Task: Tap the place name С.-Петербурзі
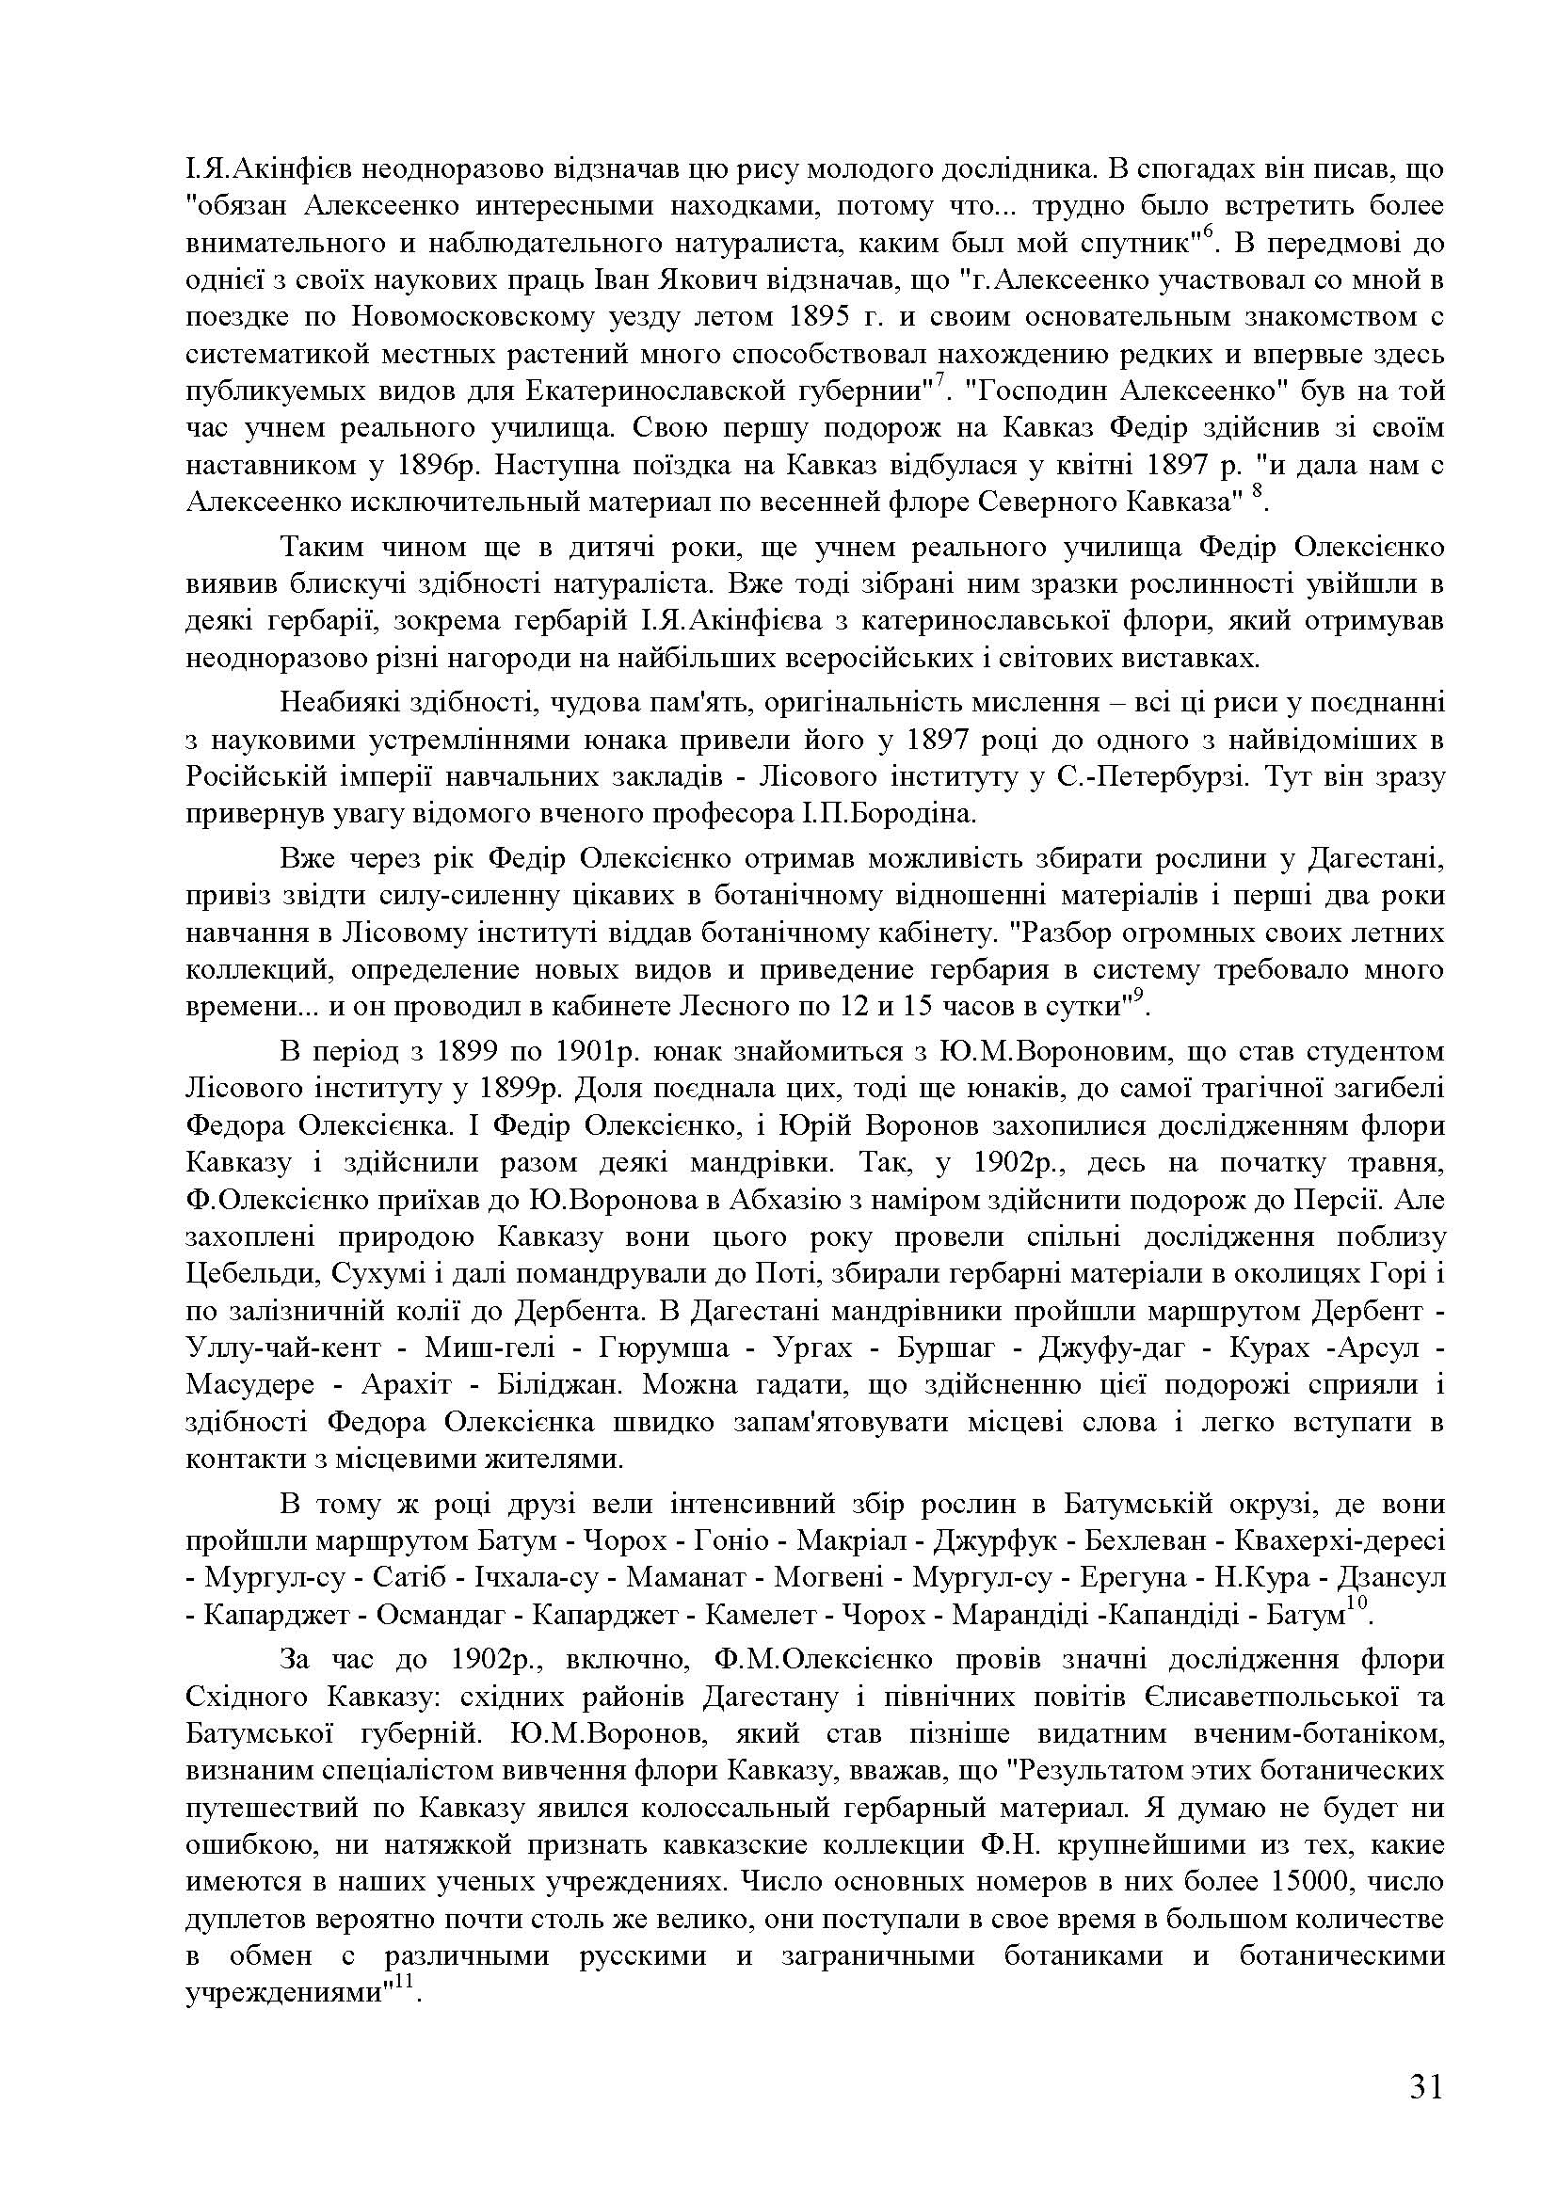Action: (x=1152, y=777)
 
